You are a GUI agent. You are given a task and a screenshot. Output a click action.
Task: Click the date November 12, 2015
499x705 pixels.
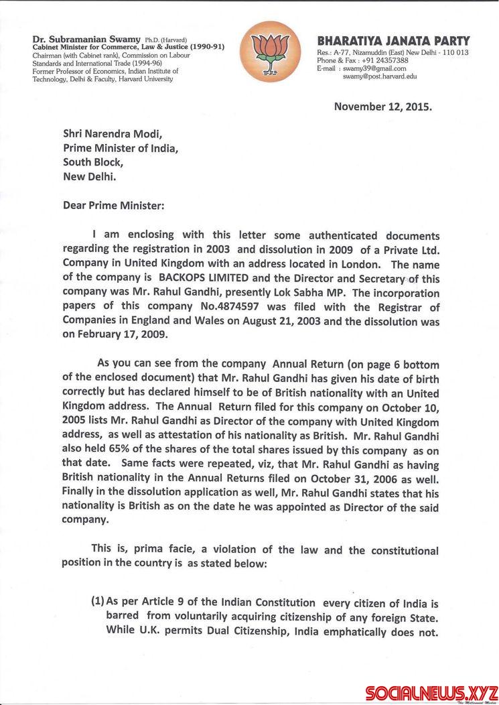point(384,106)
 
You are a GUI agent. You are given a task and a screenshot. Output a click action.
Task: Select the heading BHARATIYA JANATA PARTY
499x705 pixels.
point(393,41)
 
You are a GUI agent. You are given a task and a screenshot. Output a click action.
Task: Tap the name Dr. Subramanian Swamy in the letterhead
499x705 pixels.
point(74,40)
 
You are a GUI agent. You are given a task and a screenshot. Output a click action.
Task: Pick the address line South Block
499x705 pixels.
point(94,162)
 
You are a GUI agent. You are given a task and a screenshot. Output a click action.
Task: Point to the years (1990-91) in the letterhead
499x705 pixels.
point(198,48)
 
